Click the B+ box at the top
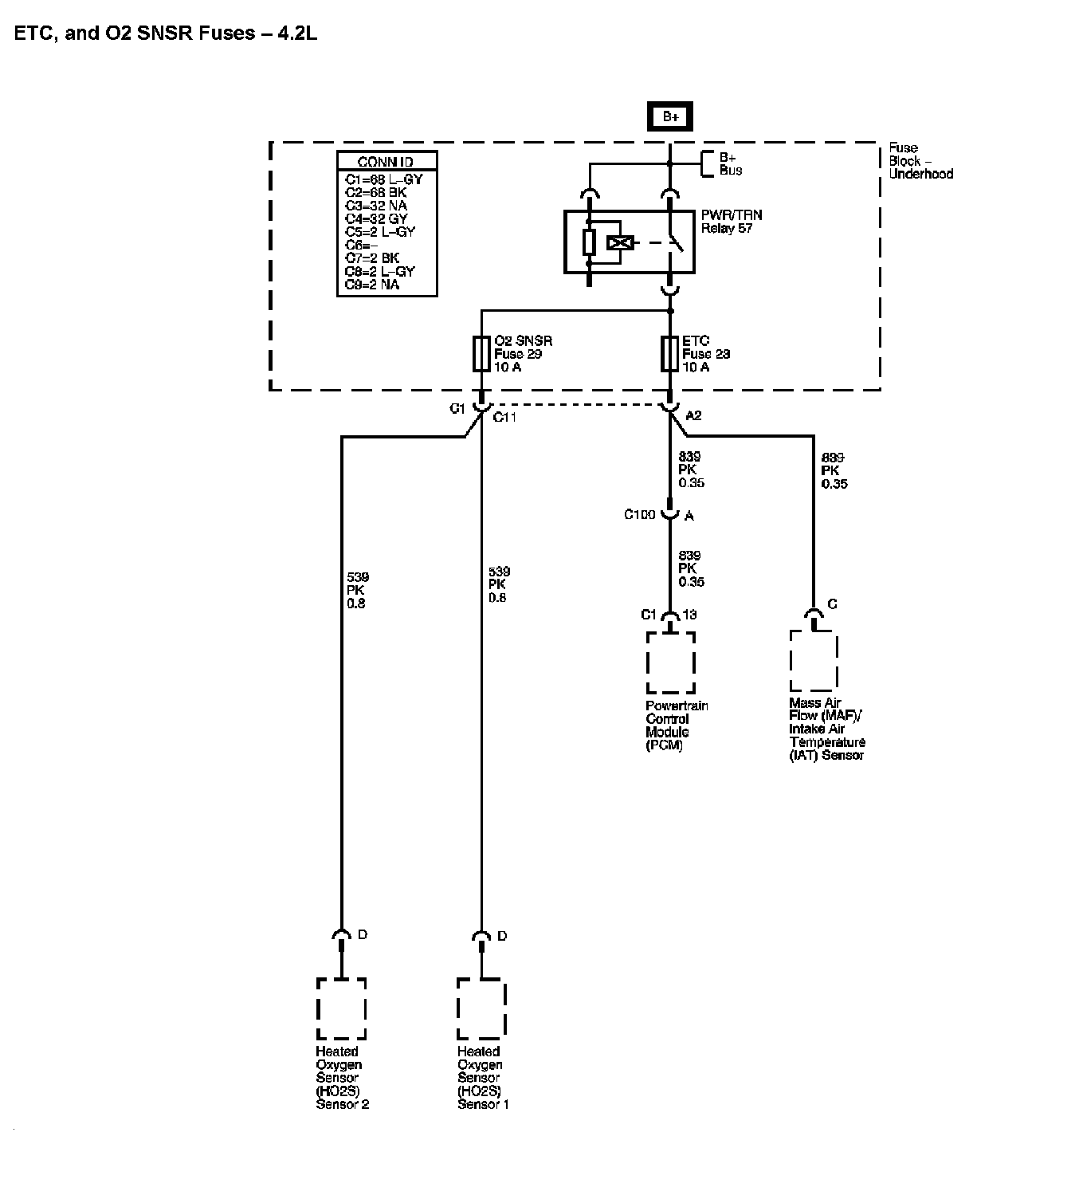(x=670, y=116)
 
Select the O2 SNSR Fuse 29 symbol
(x=481, y=354)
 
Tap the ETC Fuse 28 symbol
(x=669, y=354)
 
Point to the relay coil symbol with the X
(x=618, y=243)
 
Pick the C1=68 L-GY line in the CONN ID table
(x=383, y=179)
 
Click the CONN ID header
(x=386, y=162)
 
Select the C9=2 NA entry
(x=372, y=285)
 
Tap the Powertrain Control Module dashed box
(x=670, y=662)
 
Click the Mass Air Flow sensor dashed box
(x=814, y=660)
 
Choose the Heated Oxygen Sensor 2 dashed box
(x=341, y=1008)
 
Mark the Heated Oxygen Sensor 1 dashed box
(x=481, y=1008)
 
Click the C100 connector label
(x=639, y=515)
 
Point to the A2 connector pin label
(x=693, y=415)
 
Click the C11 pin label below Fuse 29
(x=504, y=417)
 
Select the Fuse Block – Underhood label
(x=920, y=160)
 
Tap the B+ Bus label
(x=730, y=163)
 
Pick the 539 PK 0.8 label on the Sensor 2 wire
(x=357, y=590)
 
